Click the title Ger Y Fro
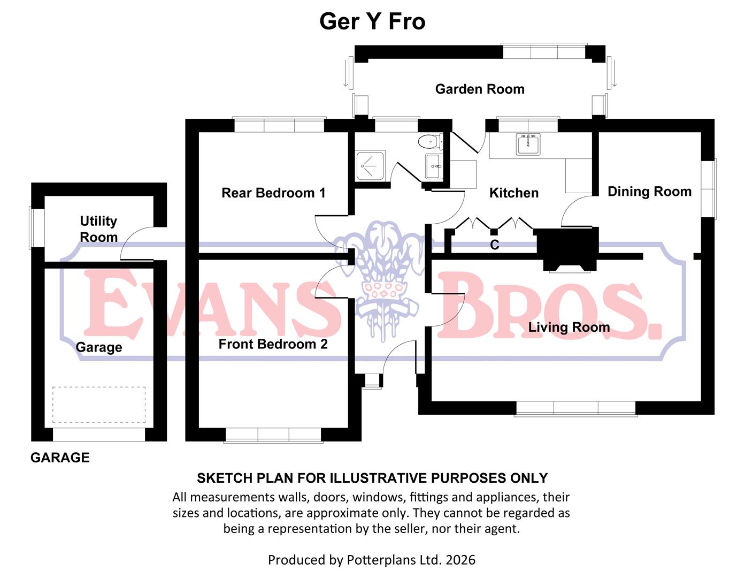click(372, 21)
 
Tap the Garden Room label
click(480, 89)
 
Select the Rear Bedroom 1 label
click(273, 193)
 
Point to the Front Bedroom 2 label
click(273, 344)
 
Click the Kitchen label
click(513, 193)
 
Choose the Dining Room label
click(649, 192)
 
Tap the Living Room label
click(569, 327)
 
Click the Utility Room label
click(98, 229)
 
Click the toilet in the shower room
click(429, 142)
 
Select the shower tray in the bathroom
click(371, 166)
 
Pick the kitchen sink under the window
click(528, 144)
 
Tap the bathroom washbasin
click(434, 166)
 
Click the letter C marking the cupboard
click(495, 245)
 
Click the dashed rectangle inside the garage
click(99, 405)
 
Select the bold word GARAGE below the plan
click(60, 458)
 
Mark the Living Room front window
click(576, 408)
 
